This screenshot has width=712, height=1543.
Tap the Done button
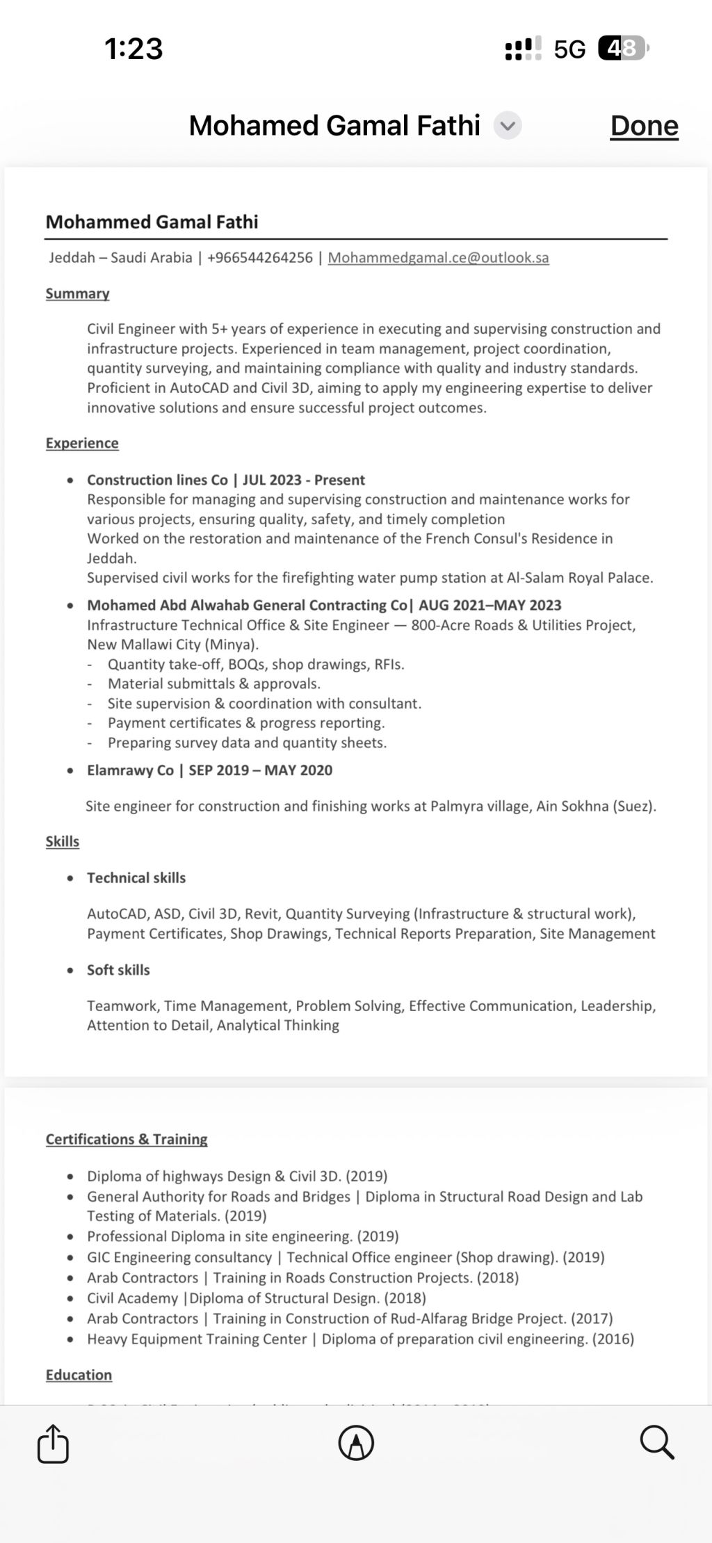[x=644, y=126]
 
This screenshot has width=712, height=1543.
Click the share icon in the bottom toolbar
[x=53, y=1444]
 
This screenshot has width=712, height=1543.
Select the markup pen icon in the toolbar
[x=356, y=1443]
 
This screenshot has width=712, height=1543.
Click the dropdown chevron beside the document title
[x=508, y=126]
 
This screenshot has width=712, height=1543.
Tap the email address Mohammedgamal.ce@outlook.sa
[x=438, y=257]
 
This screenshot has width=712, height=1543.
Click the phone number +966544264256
[x=260, y=257]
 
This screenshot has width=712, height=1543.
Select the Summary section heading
[x=77, y=293]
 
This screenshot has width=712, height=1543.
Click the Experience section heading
[x=82, y=443]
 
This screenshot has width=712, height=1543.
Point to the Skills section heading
[x=63, y=841]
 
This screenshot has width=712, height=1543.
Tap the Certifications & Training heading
[x=127, y=1139]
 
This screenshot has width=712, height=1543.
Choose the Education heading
[x=79, y=1375]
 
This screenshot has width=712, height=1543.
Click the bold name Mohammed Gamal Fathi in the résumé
[x=152, y=222]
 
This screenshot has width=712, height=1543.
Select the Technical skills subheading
[x=136, y=878]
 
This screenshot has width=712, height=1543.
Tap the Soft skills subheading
[x=118, y=970]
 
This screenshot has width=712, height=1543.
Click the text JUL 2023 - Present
[x=304, y=480]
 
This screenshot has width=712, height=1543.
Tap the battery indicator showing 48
[x=622, y=49]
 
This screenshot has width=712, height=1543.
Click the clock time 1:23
[x=133, y=49]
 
